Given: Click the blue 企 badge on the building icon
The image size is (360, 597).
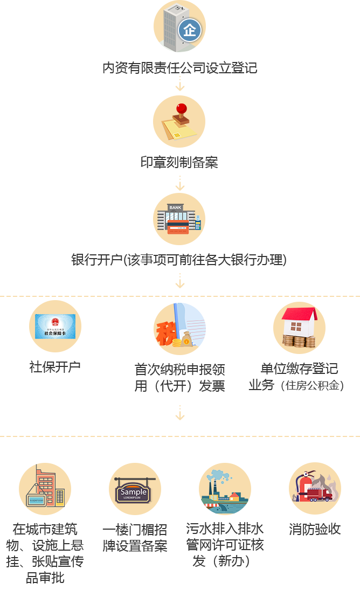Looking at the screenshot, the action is (x=190, y=30).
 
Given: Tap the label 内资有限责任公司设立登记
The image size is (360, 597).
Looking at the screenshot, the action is (x=180, y=68).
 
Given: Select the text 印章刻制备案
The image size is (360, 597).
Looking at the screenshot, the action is (x=179, y=163).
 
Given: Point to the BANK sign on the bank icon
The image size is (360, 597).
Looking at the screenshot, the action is (x=175, y=208).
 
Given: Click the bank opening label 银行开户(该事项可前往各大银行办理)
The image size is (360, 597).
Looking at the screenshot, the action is (x=179, y=260).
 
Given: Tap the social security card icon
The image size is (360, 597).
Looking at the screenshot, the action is (x=55, y=327).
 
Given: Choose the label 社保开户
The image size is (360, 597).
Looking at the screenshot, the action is (x=55, y=367).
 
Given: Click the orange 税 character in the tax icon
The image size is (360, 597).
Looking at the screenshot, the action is (x=165, y=333).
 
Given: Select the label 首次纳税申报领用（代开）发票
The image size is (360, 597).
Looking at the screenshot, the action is (x=179, y=378).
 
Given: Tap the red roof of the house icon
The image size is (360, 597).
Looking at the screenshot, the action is (x=300, y=314).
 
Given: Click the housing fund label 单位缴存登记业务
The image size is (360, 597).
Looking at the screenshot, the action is (x=296, y=377).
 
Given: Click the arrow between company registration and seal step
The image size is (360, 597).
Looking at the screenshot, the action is (x=180, y=84).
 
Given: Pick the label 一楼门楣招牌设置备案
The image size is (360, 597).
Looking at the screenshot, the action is (x=135, y=538).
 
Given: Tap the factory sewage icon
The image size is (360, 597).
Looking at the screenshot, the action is (x=225, y=489).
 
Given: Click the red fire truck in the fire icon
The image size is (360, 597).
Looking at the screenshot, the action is (x=319, y=494).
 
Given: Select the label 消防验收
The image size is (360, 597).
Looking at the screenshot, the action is (x=315, y=529).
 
